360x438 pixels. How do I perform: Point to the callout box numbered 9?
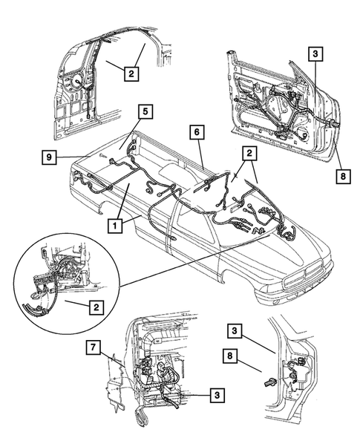(48, 157)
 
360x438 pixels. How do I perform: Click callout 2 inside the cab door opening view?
(130, 73)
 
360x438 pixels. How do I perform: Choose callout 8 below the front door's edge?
(342, 176)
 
